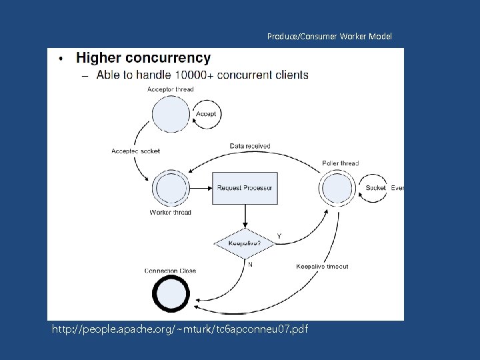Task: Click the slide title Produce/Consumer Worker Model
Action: (x=329, y=36)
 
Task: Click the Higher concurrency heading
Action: (x=143, y=58)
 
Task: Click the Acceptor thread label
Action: (x=171, y=89)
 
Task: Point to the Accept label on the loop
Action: (x=206, y=114)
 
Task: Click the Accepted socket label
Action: (x=136, y=151)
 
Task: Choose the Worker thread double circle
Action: (x=171, y=188)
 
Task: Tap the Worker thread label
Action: (x=171, y=213)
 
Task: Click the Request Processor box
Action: (x=245, y=188)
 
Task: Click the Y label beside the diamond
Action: (x=279, y=236)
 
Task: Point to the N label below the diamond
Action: (x=250, y=264)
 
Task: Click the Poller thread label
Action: (x=341, y=163)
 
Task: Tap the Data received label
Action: (x=250, y=146)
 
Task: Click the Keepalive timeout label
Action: (x=322, y=267)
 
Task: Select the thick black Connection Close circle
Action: (x=171, y=294)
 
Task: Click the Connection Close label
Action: (x=171, y=271)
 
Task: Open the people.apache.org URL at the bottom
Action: (x=180, y=329)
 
